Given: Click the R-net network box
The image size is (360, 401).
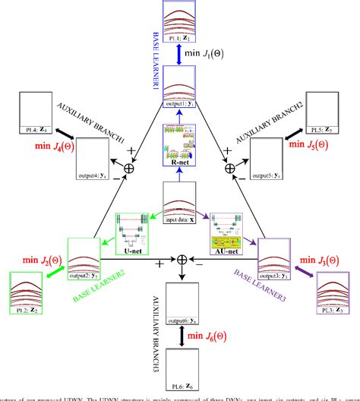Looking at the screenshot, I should tap(180, 142).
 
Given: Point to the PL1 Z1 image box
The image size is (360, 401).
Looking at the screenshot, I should tap(180, 20).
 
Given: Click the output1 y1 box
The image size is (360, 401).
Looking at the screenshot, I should tap(180, 87).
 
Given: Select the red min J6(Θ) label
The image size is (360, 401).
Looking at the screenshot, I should tap(215, 336).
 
